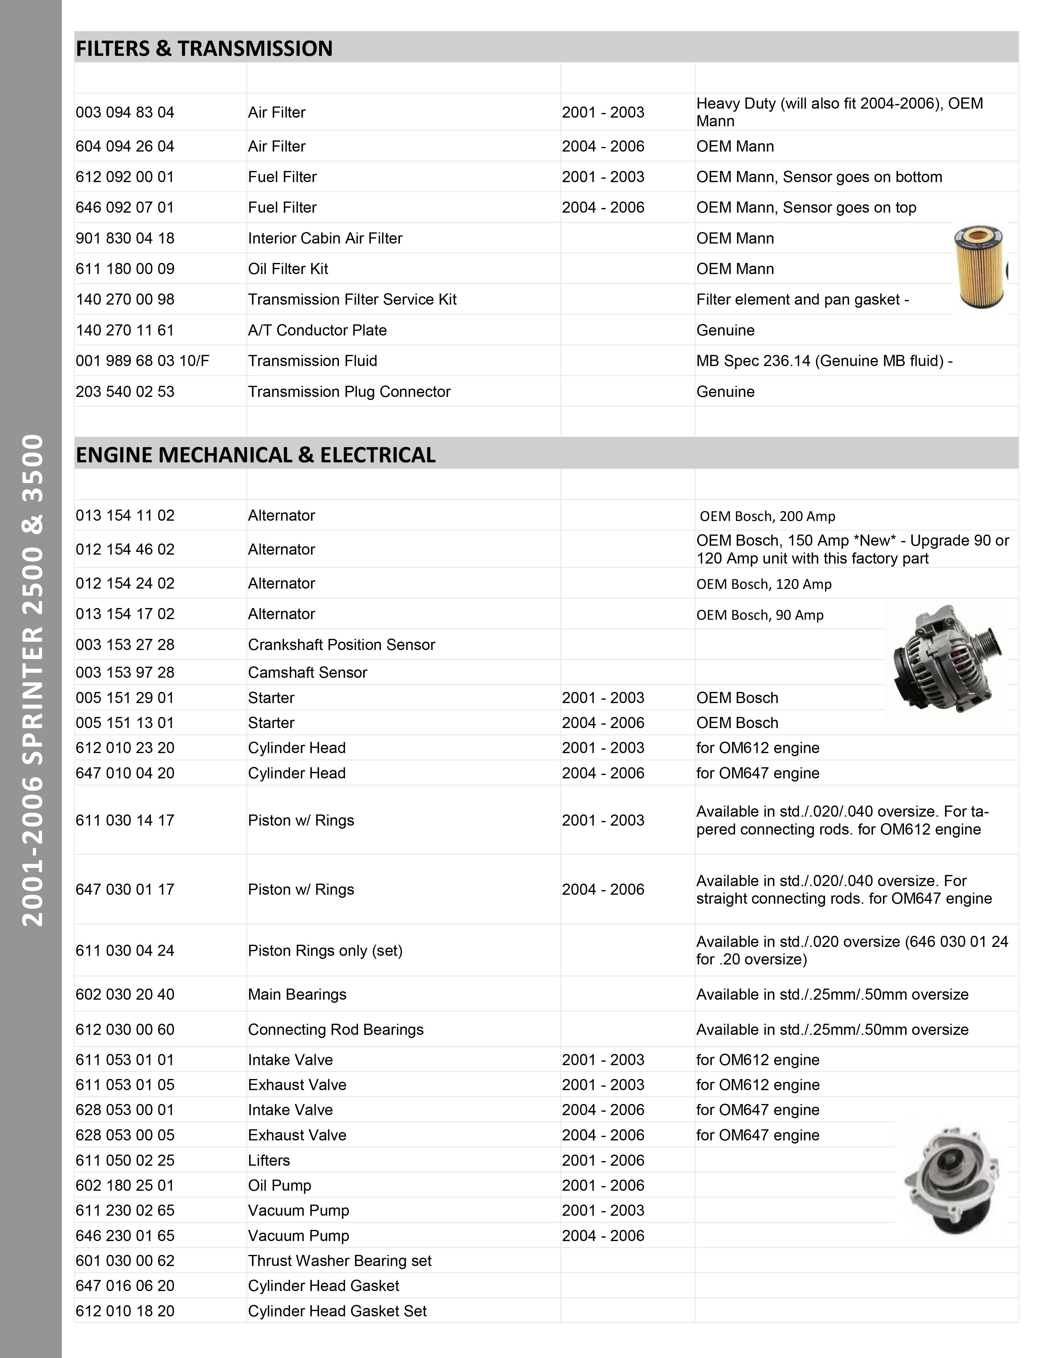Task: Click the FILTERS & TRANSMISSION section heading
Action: pos(204,48)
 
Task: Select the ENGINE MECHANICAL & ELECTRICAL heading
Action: pos(256,455)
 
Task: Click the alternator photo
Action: pos(946,659)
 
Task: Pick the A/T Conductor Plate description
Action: pos(317,330)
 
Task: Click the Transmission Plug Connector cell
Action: pos(349,392)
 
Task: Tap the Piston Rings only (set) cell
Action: pos(325,951)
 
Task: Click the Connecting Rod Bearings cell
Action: pos(335,1030)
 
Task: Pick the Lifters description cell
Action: pos(269,1160)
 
